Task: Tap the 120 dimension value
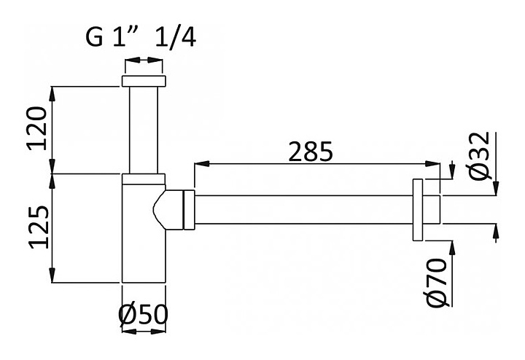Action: (37, 128)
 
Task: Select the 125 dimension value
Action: (39, 227)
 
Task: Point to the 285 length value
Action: (311, 152)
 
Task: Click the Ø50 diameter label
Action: (144, 315)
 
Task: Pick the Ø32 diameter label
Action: (480, 156)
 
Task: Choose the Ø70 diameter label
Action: (437, 282)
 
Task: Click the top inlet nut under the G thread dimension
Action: (144, 82)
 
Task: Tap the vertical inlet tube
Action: (144, 130)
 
